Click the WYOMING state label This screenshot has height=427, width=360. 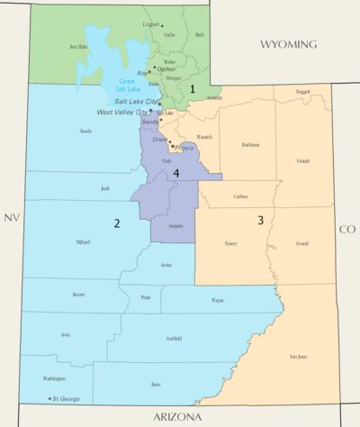[288, 44]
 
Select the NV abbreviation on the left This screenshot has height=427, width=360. [11, 218]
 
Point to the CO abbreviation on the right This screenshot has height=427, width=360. [347, 229]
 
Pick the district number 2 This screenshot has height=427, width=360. [116, 223]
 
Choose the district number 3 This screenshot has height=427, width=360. [260, 220]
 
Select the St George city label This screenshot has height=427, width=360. [66, 398]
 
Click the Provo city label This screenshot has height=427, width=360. [184, 147]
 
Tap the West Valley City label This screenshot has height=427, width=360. [123, 112]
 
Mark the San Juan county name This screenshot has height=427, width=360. [297, 357]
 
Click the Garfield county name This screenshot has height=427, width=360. [174, 338]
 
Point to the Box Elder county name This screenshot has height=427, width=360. [80, 46]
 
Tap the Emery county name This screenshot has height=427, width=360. [230, 243]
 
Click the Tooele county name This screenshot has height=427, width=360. [86, 131]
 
